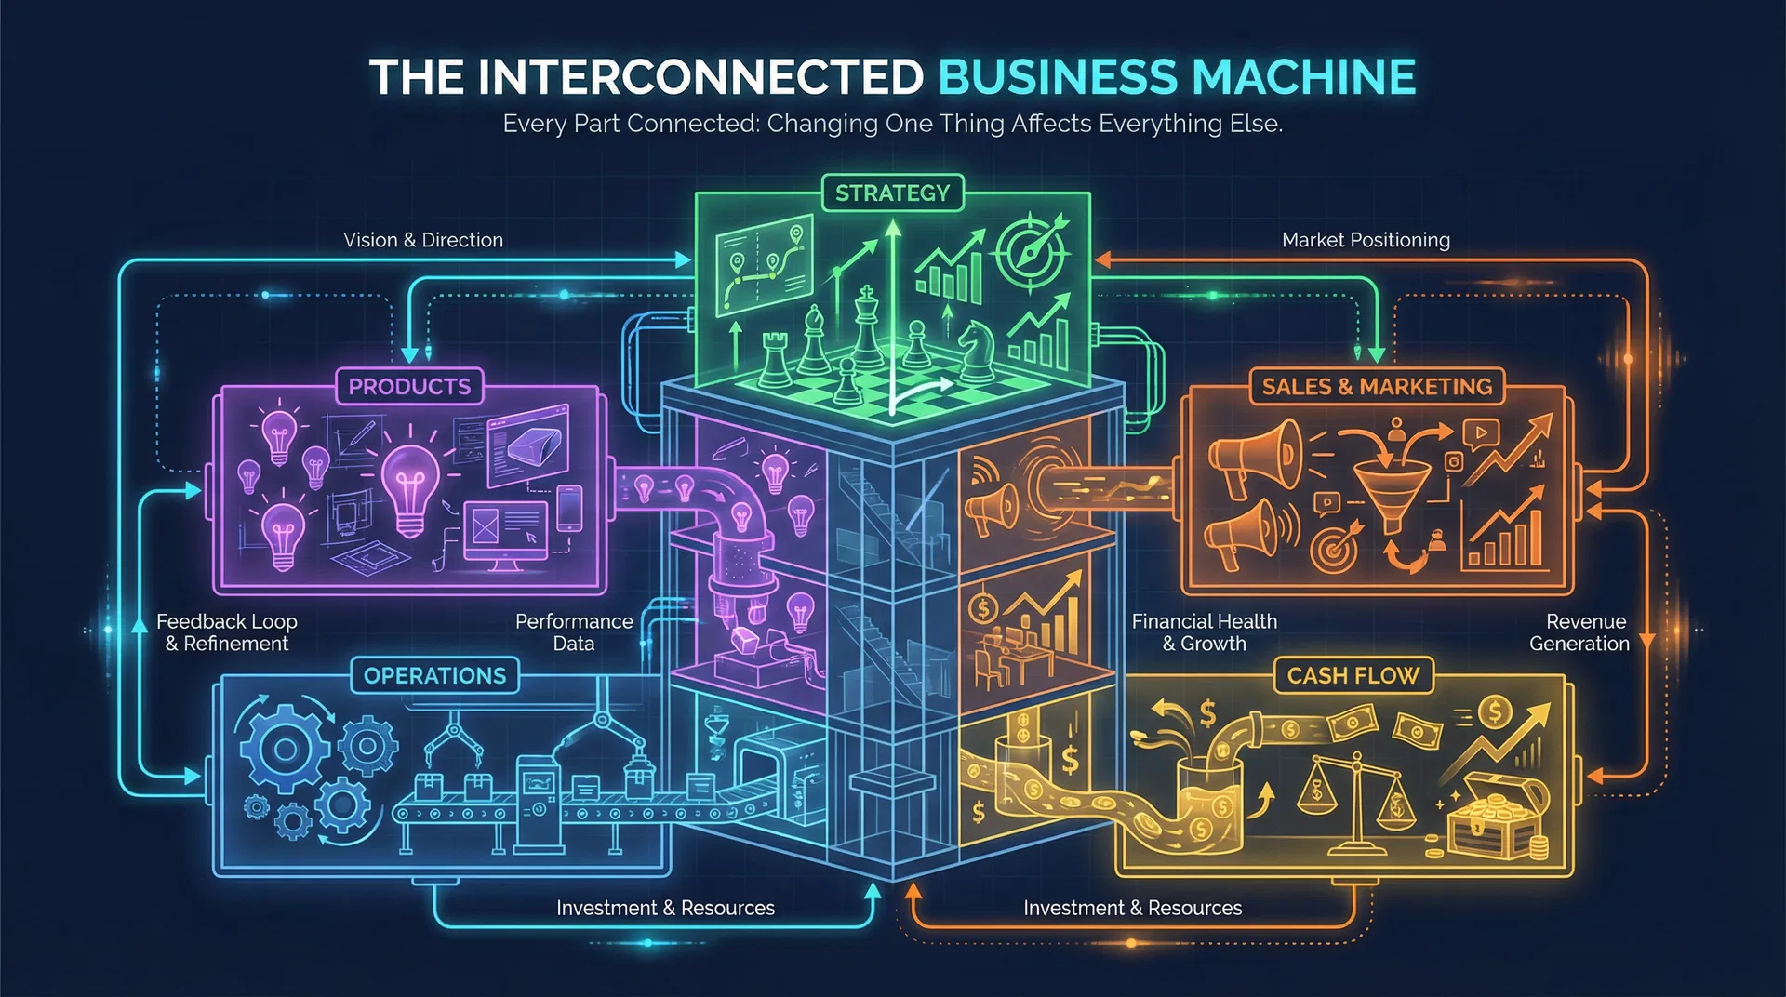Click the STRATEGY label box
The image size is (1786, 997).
[892, 193]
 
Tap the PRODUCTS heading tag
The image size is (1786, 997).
[409, 387]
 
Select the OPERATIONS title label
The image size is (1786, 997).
[434, 676]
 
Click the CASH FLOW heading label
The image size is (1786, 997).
[1353, 676]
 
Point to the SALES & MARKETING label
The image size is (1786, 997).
[1376, 387]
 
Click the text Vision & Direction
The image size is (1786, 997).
[423, 240]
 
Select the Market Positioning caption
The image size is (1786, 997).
[1366, 240]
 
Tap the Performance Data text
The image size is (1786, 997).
[574, 632]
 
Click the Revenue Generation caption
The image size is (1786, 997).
[1579, 632]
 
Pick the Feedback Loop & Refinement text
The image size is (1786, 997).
[227, 632]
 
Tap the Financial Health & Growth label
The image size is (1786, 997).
[1204, 632]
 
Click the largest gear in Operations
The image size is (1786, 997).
[285, 750]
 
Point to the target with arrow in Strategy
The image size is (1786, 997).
[1031, 249]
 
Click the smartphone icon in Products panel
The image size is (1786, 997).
[569, 509]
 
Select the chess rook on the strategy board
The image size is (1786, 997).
[774, 359]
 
